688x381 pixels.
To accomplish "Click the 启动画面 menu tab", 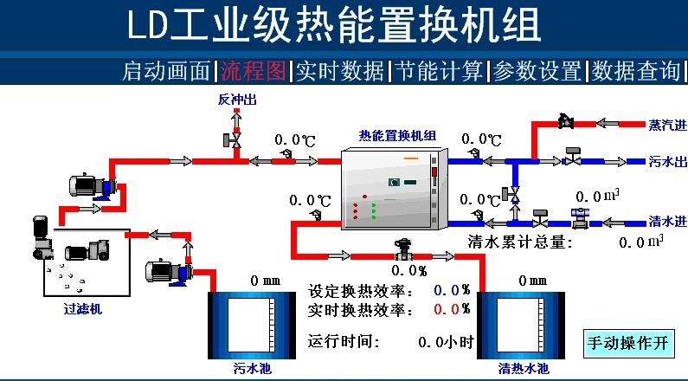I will click(167, 71).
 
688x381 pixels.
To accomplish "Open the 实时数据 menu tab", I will click(339, 71).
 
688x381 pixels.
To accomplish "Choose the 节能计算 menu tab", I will click(438, 71).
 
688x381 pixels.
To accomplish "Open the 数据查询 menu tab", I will click(636, 71).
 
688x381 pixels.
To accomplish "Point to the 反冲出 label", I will click(236, 100).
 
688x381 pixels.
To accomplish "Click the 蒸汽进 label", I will click(667, 125).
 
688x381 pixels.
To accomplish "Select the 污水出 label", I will click(667, 162).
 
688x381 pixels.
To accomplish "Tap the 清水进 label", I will click(667, 221).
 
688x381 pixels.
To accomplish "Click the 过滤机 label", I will click(82, 307).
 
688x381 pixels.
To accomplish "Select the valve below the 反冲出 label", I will click(235, 138).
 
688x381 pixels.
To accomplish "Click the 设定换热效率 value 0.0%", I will click(452, 290).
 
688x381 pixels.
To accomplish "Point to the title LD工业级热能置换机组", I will click(334, 26).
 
